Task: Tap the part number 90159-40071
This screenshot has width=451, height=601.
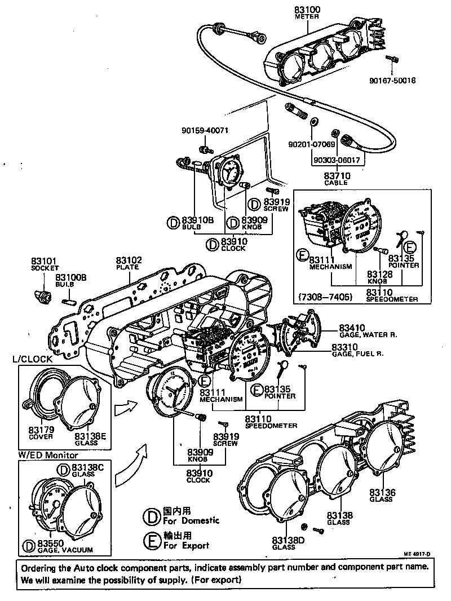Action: pyautogui.click(x=205, y=130)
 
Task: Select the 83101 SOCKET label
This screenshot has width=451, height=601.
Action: pyautogui.click(x=44, y=264)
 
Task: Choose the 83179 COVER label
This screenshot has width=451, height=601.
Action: pyautogui.click(x=41, y=432)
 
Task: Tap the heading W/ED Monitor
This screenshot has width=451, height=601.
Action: pyautogui.click(x=48, y=454)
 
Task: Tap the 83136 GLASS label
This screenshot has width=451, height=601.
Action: pyautogui.click(x=383, y=496)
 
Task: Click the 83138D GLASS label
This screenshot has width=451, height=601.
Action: pyautogui.click(x=284, y=543)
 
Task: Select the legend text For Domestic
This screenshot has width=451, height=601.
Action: pyautogui.click(x=191, y=520)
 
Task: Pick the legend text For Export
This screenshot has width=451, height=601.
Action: pyautogui.click(x=187, y=545)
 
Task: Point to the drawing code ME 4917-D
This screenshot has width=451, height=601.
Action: pyautogui.click(x=417, y=554)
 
